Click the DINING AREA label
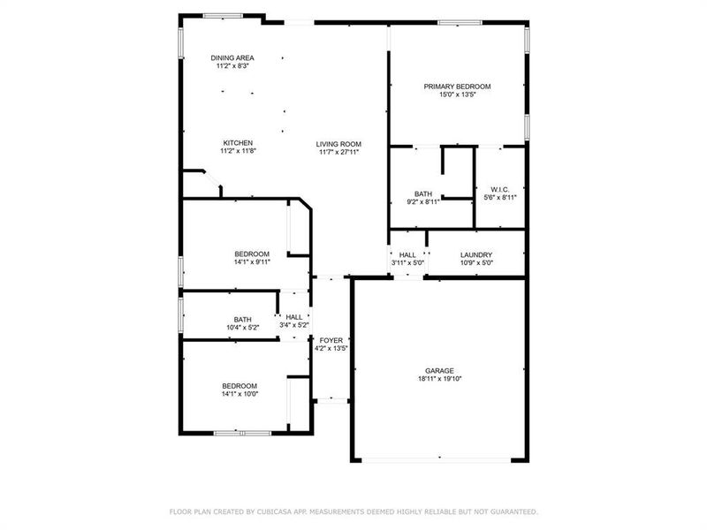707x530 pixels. coord(232,57)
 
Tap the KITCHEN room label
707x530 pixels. coord(238,143)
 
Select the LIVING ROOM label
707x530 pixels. coord(340,144)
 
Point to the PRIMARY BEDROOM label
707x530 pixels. coord(457,87)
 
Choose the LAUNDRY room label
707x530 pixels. coord(476,254)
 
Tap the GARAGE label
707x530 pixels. coord(440,371)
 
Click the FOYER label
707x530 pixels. coord(331,340)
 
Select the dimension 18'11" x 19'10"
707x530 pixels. coord(440,379)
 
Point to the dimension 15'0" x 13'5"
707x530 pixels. coord(457,95)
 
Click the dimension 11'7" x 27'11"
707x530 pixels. coord(340,152)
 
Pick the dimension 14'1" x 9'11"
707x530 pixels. coord(252,261)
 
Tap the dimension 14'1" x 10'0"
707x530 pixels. coord(239,394)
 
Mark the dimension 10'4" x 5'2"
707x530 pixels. coord(242,328)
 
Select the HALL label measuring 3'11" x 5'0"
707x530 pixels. coord(407,254)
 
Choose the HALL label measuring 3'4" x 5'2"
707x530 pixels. coord(294,317)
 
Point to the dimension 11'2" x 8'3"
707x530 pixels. coord(232,65)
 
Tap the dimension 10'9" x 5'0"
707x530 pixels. coord(476,262)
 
